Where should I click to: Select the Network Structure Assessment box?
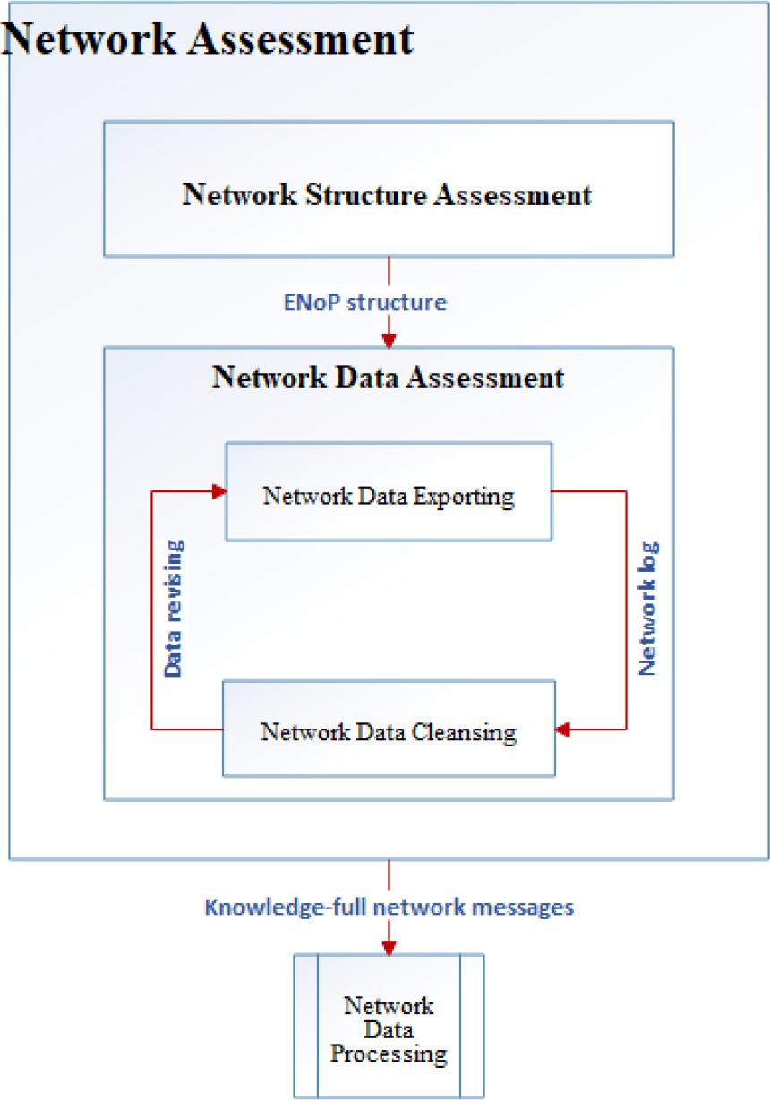(x=388, y=189)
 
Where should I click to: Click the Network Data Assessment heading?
(x=388, y=377)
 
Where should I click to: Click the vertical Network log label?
(x=649, y=608)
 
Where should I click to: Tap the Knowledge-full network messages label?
(x=389, y=907)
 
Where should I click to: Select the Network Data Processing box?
(x=389, y=1026)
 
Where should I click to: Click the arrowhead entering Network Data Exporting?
(x=218, y=490)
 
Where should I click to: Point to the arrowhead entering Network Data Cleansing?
(x=562, y=730)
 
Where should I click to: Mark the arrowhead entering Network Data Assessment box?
(x=389, y=341)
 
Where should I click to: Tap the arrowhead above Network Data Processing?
(x=389, y=947)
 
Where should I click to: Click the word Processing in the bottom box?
(x=389, y=1054)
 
